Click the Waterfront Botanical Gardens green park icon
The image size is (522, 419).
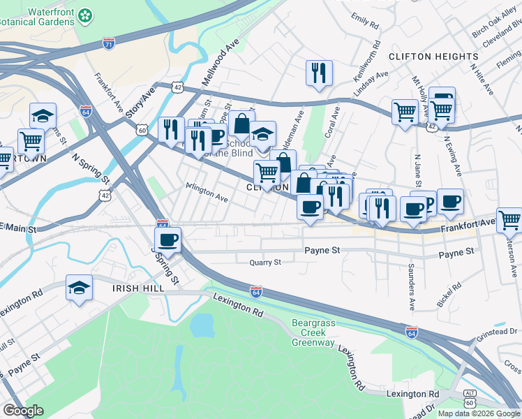coord(86,15)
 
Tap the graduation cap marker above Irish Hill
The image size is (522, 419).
coord(79,287)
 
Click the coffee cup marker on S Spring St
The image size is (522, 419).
coord(167,241)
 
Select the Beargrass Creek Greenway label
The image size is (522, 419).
coord(313,332)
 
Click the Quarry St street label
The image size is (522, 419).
coord(265,263)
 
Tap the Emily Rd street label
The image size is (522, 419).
coord(365,21)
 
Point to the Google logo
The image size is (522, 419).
coord(24,410)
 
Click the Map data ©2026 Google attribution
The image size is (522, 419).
coord(478,413)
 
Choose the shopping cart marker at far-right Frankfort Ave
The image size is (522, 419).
coord(509,220)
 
